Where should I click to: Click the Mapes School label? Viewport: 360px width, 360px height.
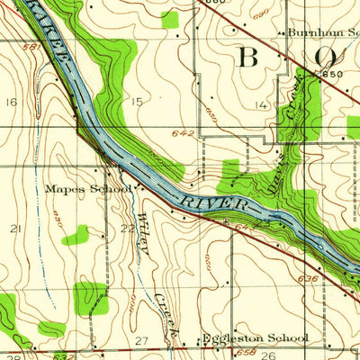(x=88, y=189)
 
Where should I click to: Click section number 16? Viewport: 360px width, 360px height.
(x=11, y=103)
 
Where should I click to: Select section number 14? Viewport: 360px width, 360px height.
(x=261, y=105)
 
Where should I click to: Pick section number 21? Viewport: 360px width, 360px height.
(x=14, y=229)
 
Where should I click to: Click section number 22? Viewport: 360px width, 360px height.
(x=127, y=229)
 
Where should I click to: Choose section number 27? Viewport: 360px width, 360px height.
(x=140, y=339)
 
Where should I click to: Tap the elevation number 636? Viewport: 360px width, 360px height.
(x=306, y=279)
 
